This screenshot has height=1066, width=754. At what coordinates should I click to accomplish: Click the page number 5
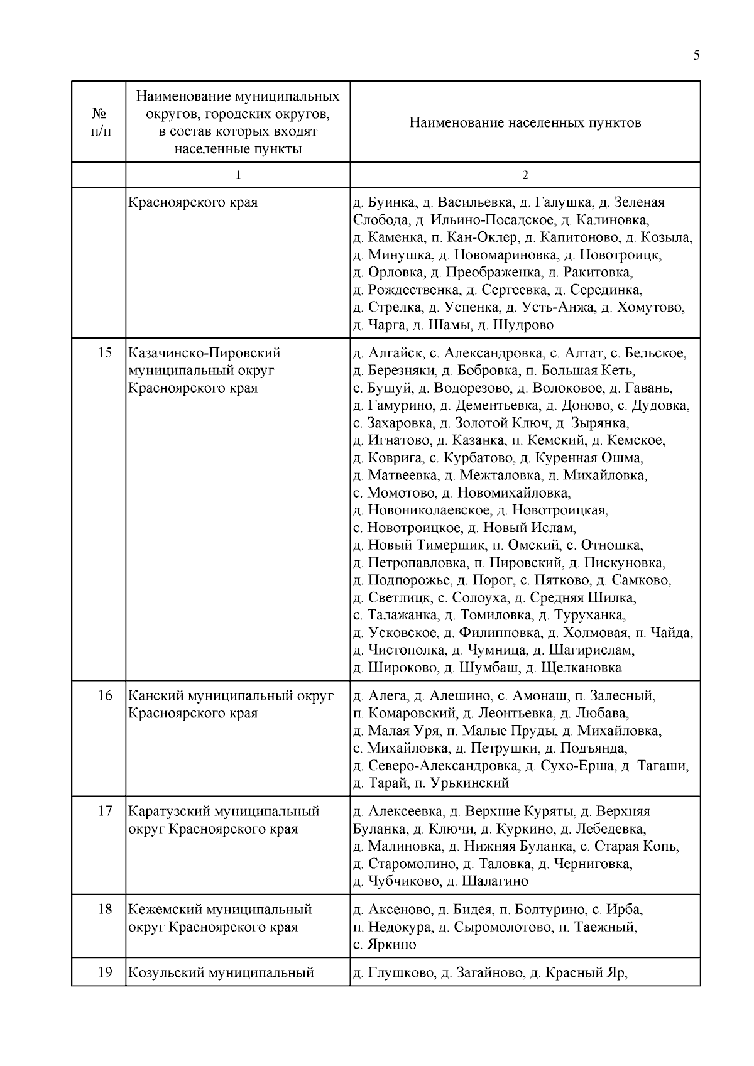[696, 55]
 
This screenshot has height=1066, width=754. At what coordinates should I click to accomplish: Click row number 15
[106, 353]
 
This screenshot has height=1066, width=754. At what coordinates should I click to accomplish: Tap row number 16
[106, 696]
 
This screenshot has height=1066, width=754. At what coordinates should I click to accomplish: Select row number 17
[106, 812]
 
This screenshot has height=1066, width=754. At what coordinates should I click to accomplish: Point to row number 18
[106, 910]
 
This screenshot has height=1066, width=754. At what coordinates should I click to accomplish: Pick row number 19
[106, 973]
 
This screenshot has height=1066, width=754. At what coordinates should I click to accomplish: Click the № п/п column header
[99, 122]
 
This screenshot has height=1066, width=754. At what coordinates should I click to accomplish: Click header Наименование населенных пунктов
[525, 122]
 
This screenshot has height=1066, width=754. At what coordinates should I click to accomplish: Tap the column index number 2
[525, 175]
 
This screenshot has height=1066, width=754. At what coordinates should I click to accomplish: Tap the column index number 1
[238, 175]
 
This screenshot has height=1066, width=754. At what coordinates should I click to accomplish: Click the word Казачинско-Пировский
[204, 353]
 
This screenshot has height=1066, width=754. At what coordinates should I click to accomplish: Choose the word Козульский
[165, 973]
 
